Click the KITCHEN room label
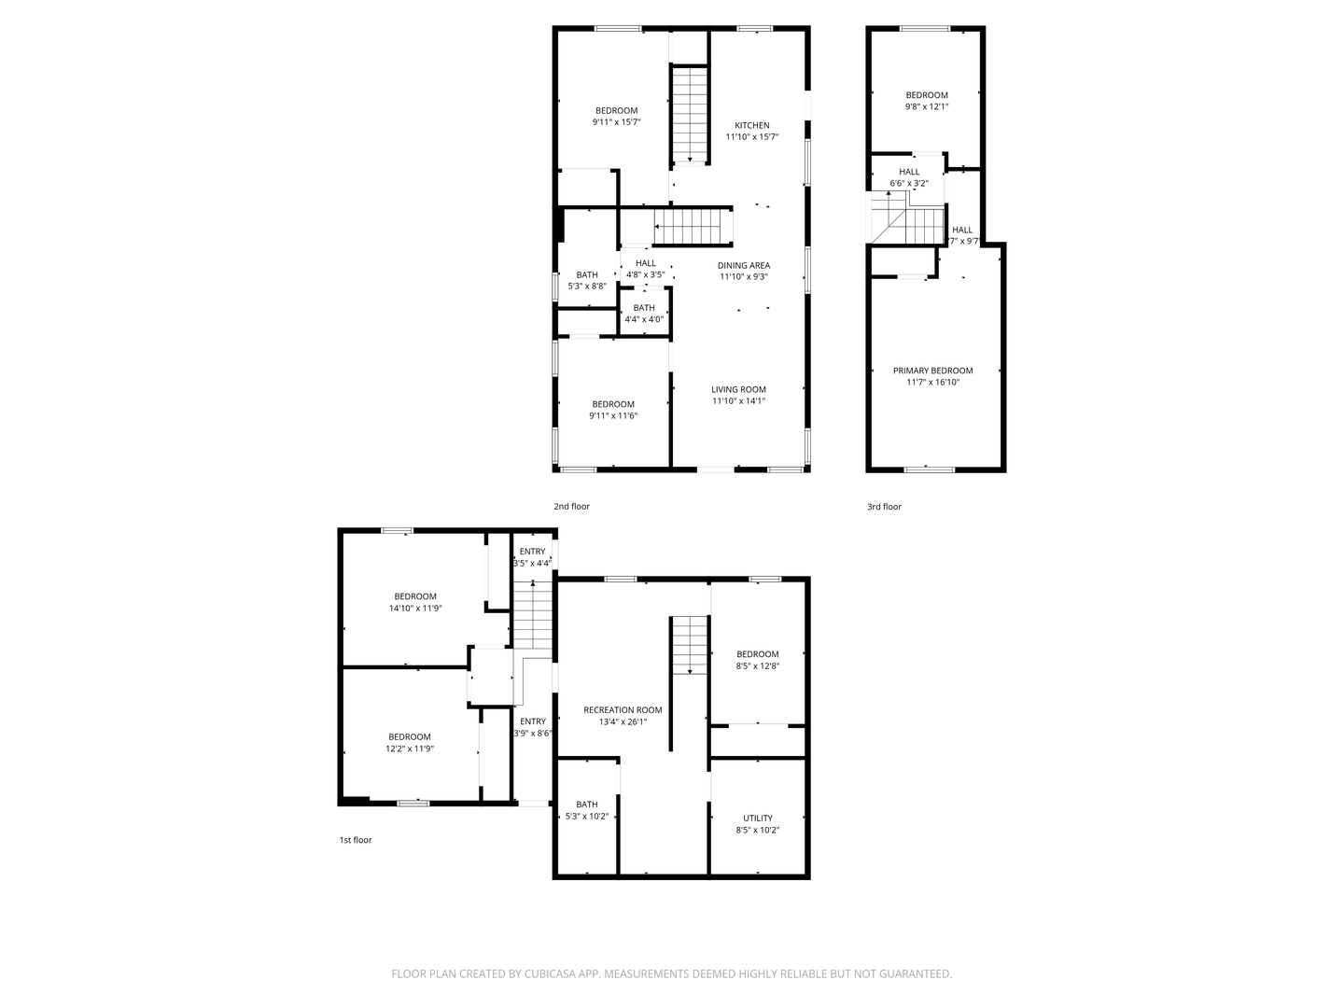tap(751, 125)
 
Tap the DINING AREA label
tap(744, 265)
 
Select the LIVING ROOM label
tap(738, 389)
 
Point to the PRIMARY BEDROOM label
tap(932, 371)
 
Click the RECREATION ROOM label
tap(623, 710)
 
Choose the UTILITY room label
tap(757, 819)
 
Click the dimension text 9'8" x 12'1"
tap(927, 106)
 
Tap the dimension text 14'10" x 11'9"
tap(415, 609)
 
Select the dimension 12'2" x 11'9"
tap(410, 749)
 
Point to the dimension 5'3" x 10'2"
tap(587, 817)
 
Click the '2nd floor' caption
tap(571, 507)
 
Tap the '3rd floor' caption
tap(884, 507)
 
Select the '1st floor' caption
tap(355, 840)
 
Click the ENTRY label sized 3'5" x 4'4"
tap(532, 552)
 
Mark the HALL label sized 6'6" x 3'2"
tap(909, 172)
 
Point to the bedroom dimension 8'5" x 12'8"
tap(757, 666)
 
